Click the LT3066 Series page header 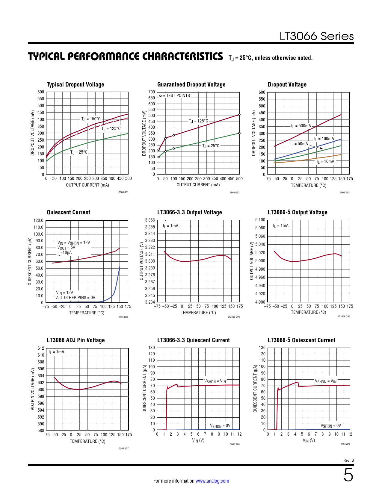pos(316,36)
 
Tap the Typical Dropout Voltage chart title pos(76,84)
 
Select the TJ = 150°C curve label pos(91,119)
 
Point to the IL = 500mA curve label pos(301,126)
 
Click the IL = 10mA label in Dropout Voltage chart pos(325,162)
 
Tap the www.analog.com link pos(212,481)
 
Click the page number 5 pos(348,475)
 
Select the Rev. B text pos(348,460)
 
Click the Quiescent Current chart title pos(68,212)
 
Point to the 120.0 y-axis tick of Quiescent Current pos(38,220)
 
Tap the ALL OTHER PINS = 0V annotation pos(76,298)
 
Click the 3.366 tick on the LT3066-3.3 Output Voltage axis pos(150,220)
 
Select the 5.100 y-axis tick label pos(260,220)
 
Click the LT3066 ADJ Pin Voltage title pos(76,340)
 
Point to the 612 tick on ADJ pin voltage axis pos(41,348)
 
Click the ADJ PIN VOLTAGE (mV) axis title pos(33,389)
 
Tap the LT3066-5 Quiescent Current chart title pos(301,340)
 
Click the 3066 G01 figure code pos(123,192)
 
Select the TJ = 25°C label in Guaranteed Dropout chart pos(211,146)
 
